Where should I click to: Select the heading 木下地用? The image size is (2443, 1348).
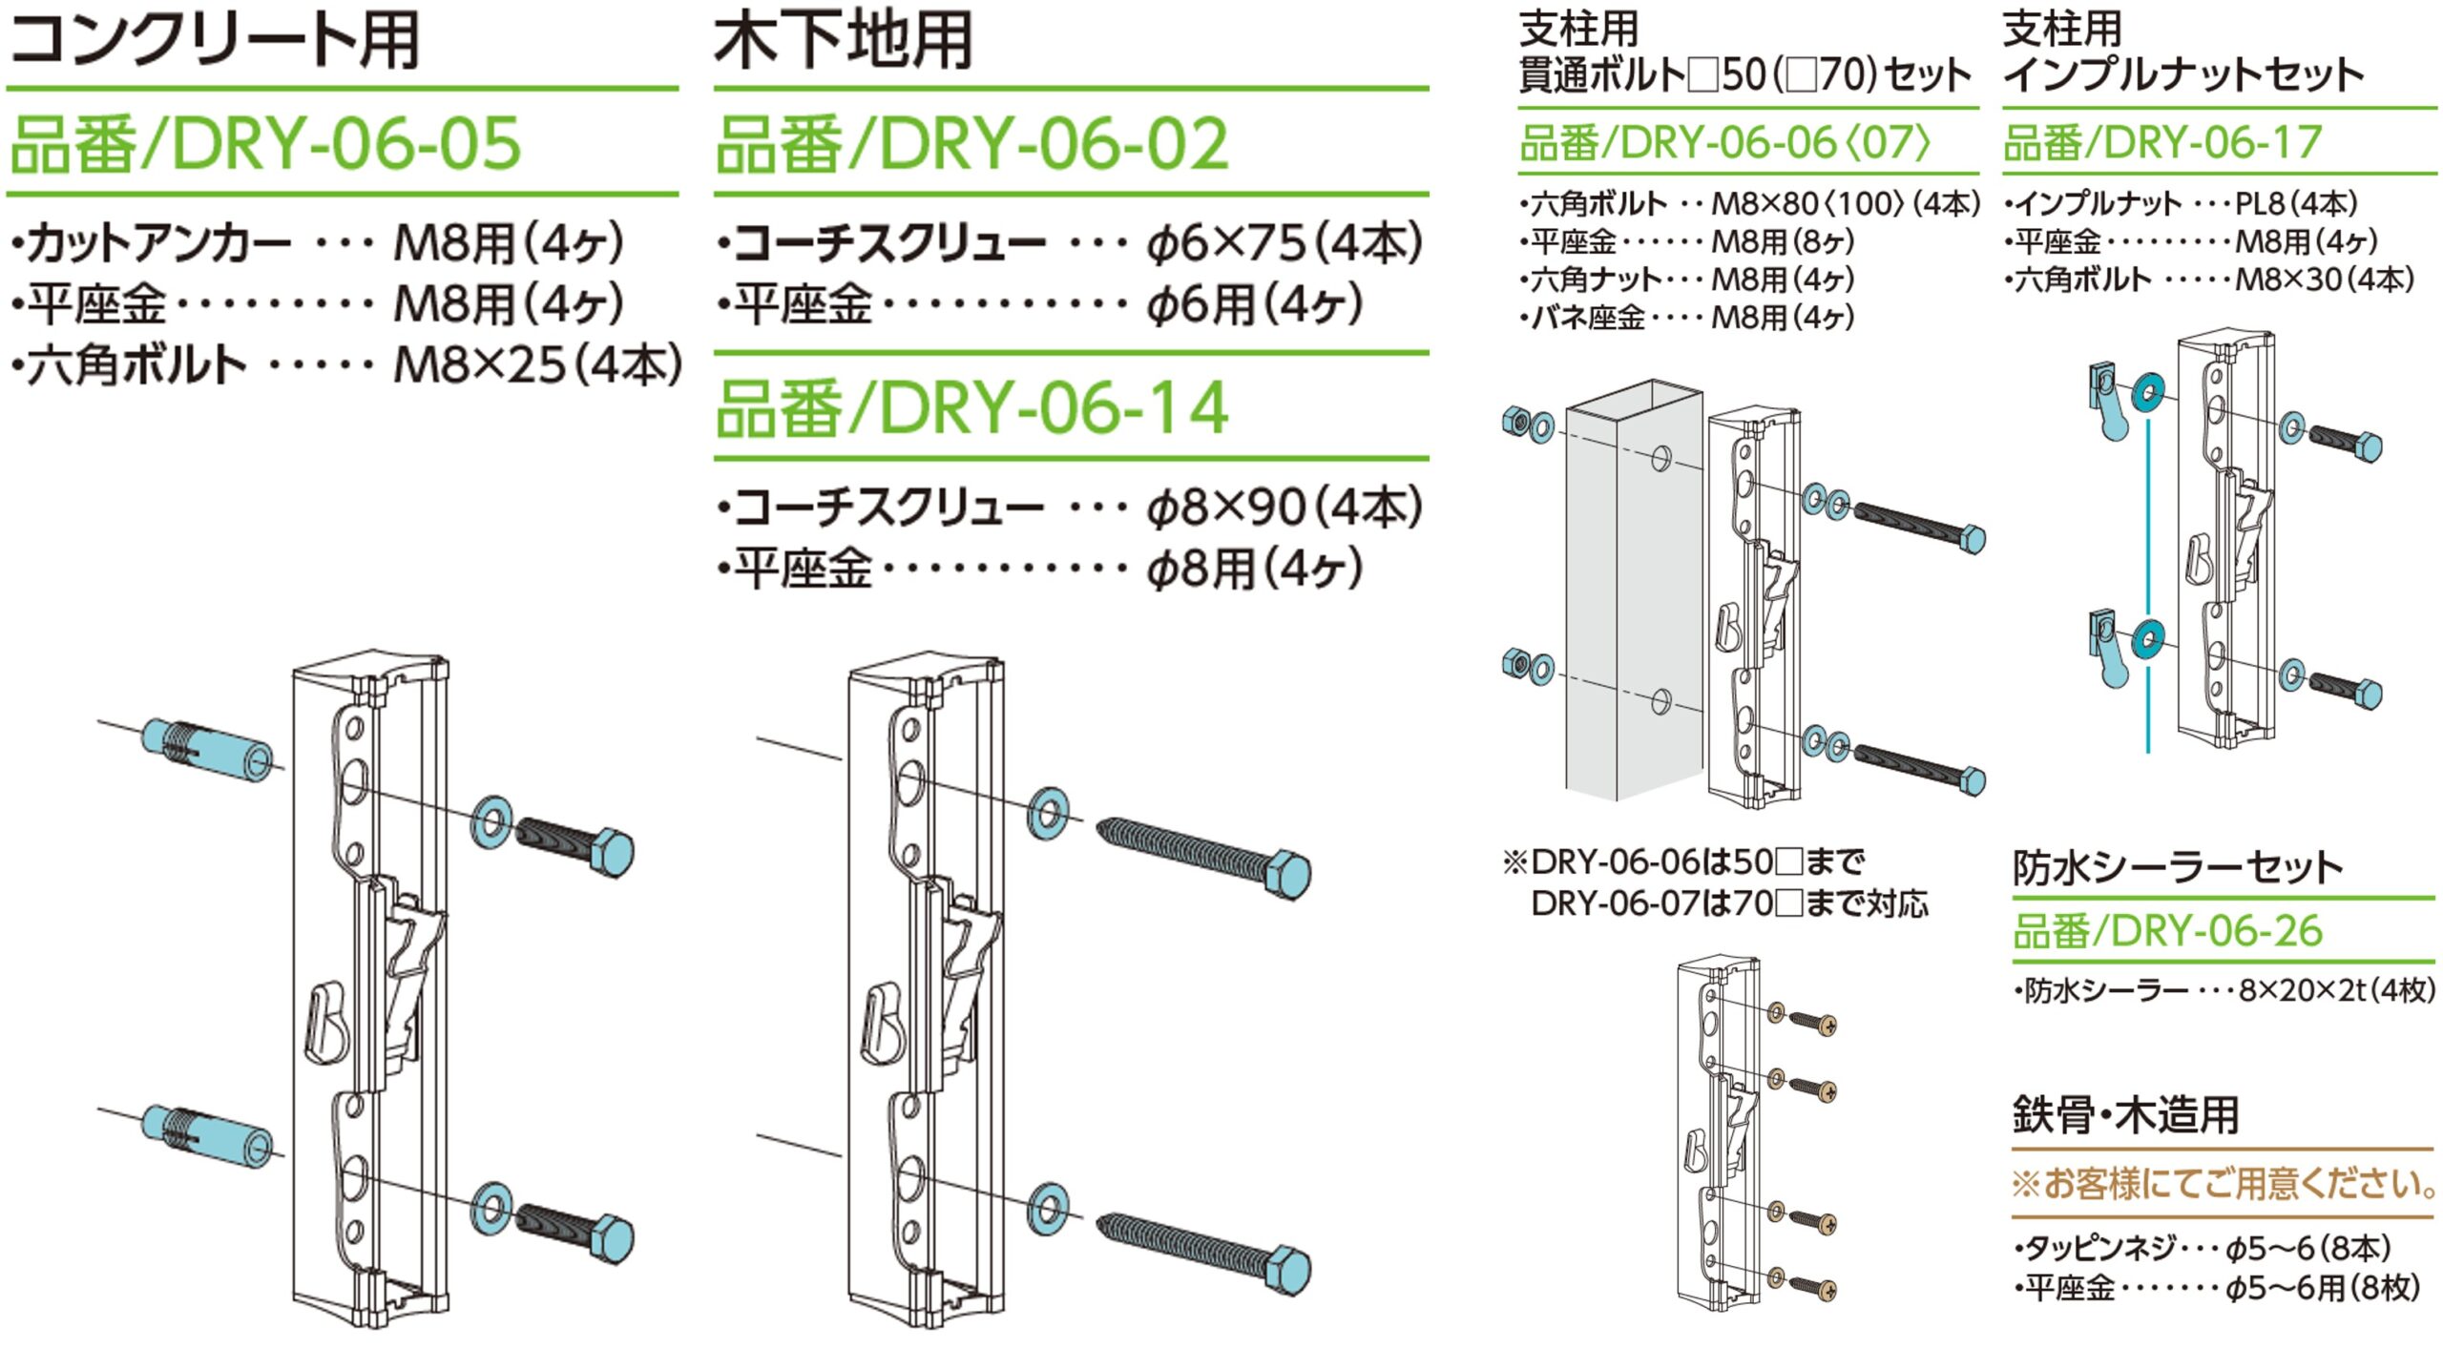(844, 41)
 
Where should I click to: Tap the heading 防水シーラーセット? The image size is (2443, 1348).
(2178, 867)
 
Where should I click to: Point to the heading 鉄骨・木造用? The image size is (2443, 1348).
(2126, 1114)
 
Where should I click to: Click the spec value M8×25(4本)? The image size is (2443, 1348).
(538, 364)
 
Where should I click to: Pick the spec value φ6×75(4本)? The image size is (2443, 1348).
(1284, 244)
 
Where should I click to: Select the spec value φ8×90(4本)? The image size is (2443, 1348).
(1284, 508)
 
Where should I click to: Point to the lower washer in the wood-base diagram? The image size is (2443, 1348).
(1048, 1209)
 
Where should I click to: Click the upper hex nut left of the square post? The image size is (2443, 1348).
(1515, 421)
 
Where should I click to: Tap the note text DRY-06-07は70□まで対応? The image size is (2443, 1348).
(1729, 903)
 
